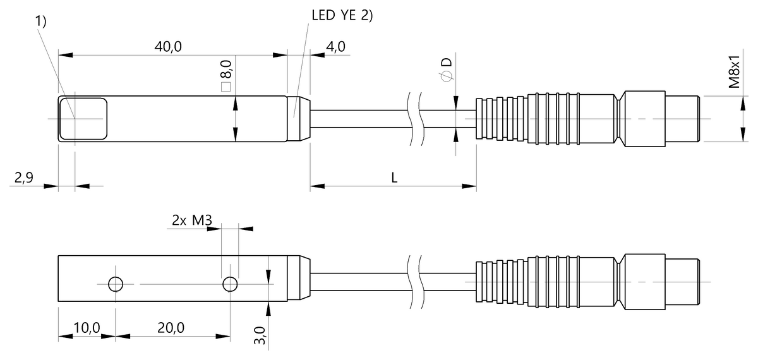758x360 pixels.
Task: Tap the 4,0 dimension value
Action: click(335, 46)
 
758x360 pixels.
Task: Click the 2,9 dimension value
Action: click(23, 179)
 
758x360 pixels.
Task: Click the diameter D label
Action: click(446, 68)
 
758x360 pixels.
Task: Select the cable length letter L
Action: click(394, 178)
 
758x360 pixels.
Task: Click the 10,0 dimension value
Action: click(87, 328)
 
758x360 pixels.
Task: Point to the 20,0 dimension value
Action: click(171, 328)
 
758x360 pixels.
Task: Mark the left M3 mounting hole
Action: click(115, 284)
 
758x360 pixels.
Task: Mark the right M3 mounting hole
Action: click(230, 284)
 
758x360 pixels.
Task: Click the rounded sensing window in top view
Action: click(83, 119)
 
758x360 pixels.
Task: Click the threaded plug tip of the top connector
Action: click(682, 119)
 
